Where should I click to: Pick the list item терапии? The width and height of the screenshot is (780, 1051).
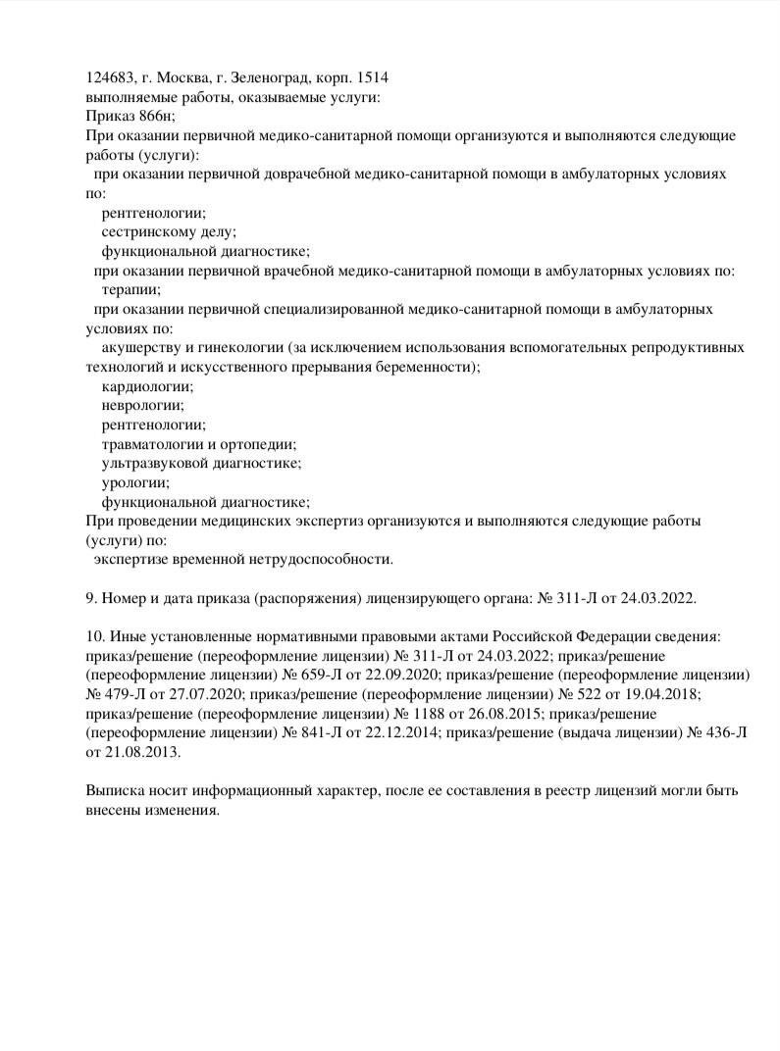pos(130,289)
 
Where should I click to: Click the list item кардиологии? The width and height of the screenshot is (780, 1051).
pos(147,386)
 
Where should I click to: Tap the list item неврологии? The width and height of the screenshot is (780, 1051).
pos(142,405)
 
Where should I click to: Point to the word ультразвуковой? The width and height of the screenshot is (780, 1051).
pos(151,463)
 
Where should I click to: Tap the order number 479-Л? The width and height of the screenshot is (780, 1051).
pos(119,694)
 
